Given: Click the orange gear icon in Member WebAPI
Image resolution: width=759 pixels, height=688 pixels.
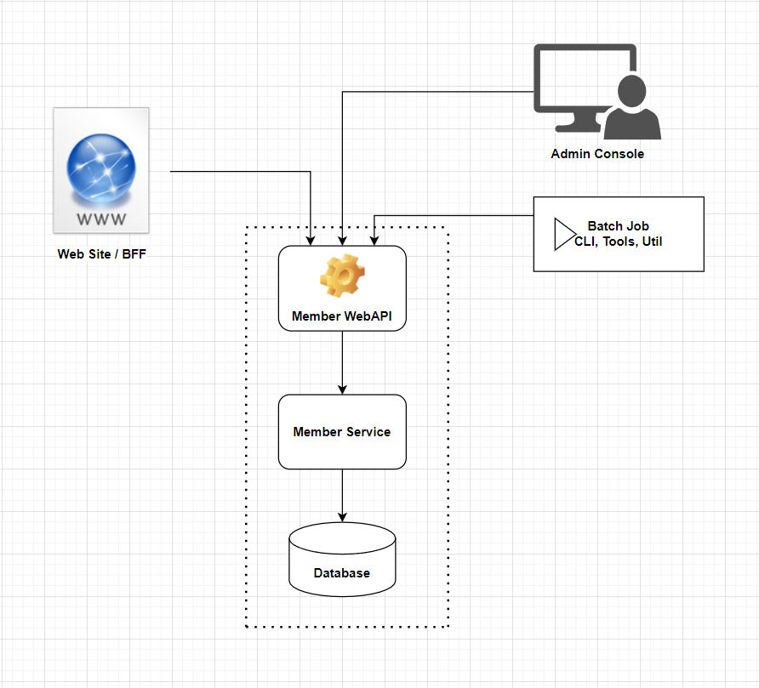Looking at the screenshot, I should pos(342,275).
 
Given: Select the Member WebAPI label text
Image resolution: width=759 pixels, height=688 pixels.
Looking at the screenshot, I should pos(342,316).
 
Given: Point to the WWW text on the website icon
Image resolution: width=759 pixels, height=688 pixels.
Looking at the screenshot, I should pos(101,219).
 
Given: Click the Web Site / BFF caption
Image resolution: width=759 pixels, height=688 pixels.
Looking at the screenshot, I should pos(100,253).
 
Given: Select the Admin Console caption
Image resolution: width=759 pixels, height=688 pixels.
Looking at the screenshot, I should pos(597,154).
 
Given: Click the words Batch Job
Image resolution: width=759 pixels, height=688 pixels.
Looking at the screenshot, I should pos(619,226).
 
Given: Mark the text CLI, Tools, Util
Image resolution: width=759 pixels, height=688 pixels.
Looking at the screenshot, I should pos(619,242).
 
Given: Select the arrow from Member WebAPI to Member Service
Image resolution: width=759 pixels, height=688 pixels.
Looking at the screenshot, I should pos(342,362).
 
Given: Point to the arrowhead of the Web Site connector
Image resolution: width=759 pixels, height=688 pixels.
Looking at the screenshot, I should pos(311,241).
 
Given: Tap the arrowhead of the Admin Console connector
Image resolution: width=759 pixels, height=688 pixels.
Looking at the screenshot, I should pos(342,241).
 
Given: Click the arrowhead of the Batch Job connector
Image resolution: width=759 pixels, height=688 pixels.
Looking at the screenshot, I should pos(373,241).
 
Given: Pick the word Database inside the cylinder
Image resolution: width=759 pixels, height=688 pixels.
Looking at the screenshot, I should pos(342,573).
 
